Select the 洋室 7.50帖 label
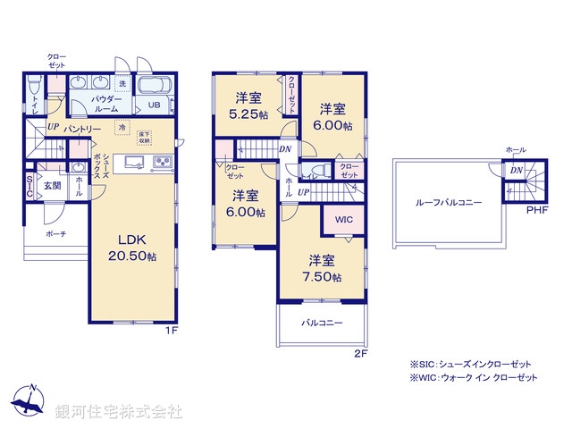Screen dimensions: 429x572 [x=324, y=268]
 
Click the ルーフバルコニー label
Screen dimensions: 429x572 [x=449, y=203]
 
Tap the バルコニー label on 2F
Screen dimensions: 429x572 [x=322, y=323]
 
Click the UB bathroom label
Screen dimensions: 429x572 [x=155, y=105]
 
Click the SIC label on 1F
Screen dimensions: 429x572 [x=29, y=185]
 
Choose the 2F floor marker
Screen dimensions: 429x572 [x=359, y=354]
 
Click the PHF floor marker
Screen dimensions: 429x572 [x=536, y=211]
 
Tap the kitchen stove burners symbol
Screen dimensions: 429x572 [x=163, y=162]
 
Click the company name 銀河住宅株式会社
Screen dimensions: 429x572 [x=119, y=412]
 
